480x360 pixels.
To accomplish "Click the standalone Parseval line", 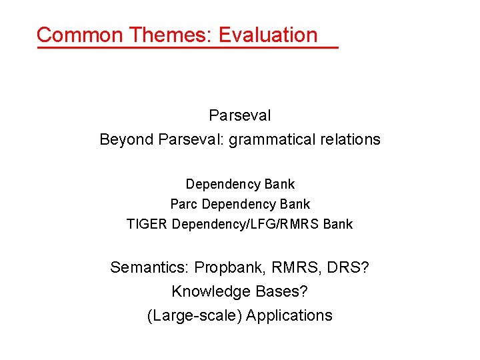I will pos(240,115).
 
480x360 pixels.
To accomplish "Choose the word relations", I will pos(353,139).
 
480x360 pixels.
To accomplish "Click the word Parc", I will pos(184,204).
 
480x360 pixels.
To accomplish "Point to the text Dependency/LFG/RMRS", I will pos(245,224).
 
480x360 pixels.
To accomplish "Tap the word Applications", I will pos(289,315).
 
